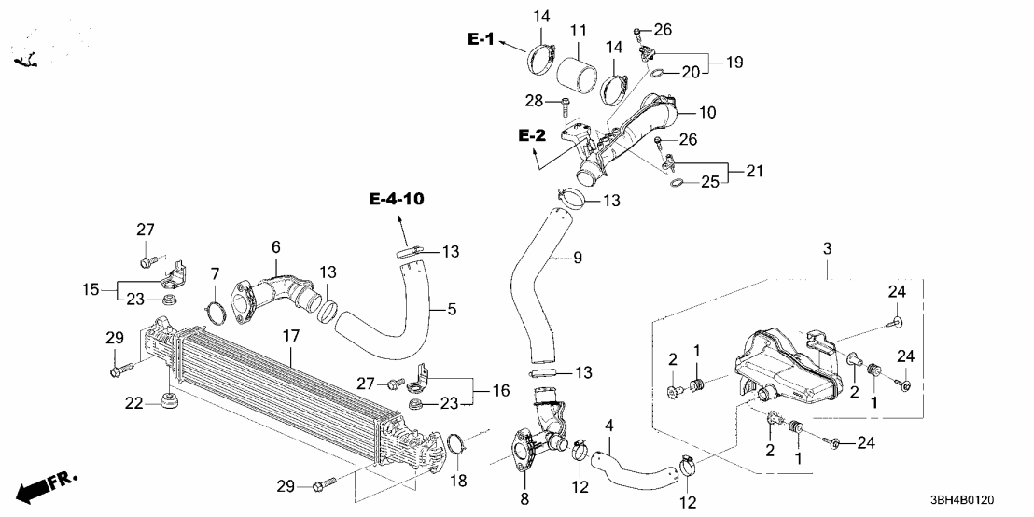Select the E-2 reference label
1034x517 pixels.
532,136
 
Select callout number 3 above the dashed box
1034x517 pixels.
826,249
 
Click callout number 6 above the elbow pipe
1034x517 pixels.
276,246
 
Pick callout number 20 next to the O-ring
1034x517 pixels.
692,72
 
